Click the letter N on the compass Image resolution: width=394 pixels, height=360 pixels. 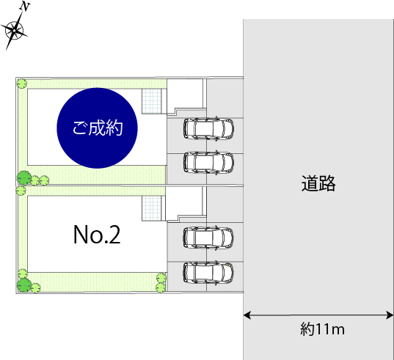click(x=26, y=7)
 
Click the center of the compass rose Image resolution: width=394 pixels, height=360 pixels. click(x=15, y=31)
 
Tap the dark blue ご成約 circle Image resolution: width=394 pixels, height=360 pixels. click(x=98, y=128)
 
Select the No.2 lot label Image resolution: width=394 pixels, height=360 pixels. click(x=97, y=235)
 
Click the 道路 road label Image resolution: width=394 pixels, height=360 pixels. click(x=318, y=183)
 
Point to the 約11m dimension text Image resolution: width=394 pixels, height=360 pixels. click(x=322, y=329)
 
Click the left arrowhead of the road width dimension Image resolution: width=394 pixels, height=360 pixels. click(x=247, y=315)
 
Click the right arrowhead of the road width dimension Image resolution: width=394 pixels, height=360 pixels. click(x=390, y=315)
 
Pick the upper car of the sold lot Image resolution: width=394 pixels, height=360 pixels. click(x=208, y=129)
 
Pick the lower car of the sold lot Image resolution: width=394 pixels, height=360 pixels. click(x=208, y=163)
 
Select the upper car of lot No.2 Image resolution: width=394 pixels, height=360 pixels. click(x=208, y=238)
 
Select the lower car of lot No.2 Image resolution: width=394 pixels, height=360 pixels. click(x=208, y=273)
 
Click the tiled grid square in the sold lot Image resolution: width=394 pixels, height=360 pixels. click(x=152, y=101)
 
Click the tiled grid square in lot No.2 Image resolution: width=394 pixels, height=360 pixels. click(x=152, y=208)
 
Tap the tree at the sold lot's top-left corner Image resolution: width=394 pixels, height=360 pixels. click(x=22, y=83)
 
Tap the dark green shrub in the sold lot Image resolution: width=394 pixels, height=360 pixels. click(x=24, y=177)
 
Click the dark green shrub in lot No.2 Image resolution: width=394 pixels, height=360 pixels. click(x=24, y=285)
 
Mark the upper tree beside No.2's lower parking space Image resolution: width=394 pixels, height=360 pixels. click(x=161, y=278)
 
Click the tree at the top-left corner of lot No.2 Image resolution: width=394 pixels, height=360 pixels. click(x=21, y=191)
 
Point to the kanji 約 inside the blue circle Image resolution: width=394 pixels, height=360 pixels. click(x=114, y=128)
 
